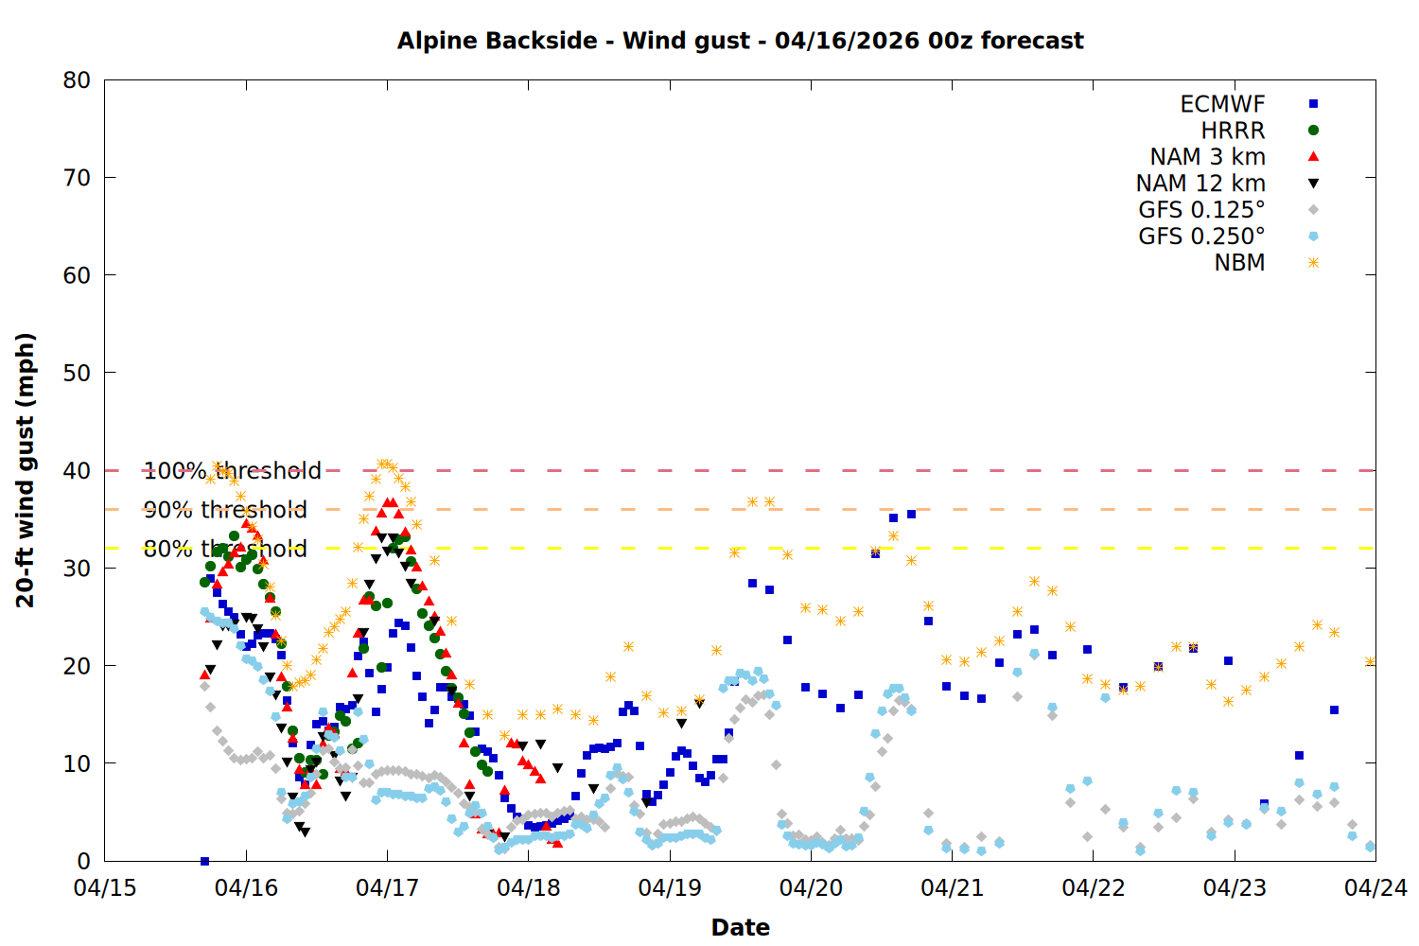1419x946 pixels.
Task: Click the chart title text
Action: click(x=740, y=41)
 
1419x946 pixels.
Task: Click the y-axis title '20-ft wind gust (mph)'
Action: click(x=26, y=470)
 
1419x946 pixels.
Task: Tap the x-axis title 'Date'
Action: click(x=740, y=927)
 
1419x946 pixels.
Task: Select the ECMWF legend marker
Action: click(x=1313, y=104)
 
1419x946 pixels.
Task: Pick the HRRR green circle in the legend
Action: click(x=1313, y=131)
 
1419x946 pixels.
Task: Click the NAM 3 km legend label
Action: click(x=1207, y=157)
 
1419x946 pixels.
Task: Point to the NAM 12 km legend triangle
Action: click(x=1313, y=184)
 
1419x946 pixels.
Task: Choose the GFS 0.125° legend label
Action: click(x=1201, y=210)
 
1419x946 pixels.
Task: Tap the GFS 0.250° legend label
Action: click(x=1201, y=236)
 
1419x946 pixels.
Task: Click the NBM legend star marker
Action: click(x=1313, y=263)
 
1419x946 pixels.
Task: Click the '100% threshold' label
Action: click(x=233, y=471)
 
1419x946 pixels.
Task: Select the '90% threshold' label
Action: click(x=225, y=510)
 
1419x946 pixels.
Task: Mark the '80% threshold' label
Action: click(x=225, y=549)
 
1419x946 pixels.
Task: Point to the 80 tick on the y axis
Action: click(x=77, y=80)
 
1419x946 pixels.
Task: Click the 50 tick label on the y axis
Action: click(x=77, y=373)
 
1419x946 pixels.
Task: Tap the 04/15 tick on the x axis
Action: click(x=105, y=888)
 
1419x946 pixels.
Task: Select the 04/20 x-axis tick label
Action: click(x=811, y=888)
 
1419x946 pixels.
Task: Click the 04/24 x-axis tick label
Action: click(x=1375, y=888)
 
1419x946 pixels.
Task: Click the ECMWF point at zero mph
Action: click(x=204, y=861)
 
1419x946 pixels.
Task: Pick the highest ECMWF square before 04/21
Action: click(x=911, y=514)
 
